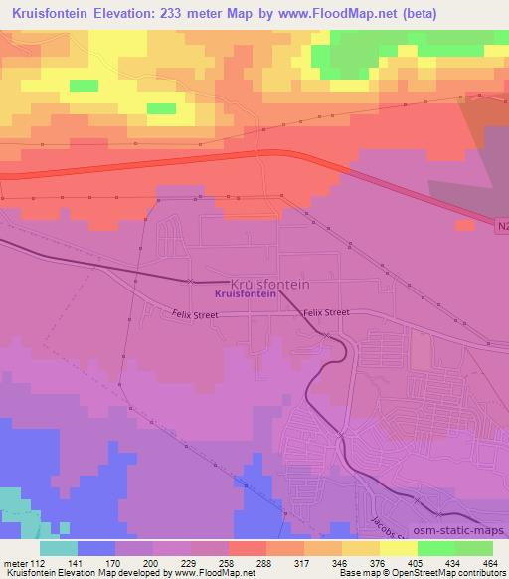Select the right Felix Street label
tap(326, 312)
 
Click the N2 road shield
tap(500, 227)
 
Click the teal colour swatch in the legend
tap(59, 548)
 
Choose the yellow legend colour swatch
tap(399, 548)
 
